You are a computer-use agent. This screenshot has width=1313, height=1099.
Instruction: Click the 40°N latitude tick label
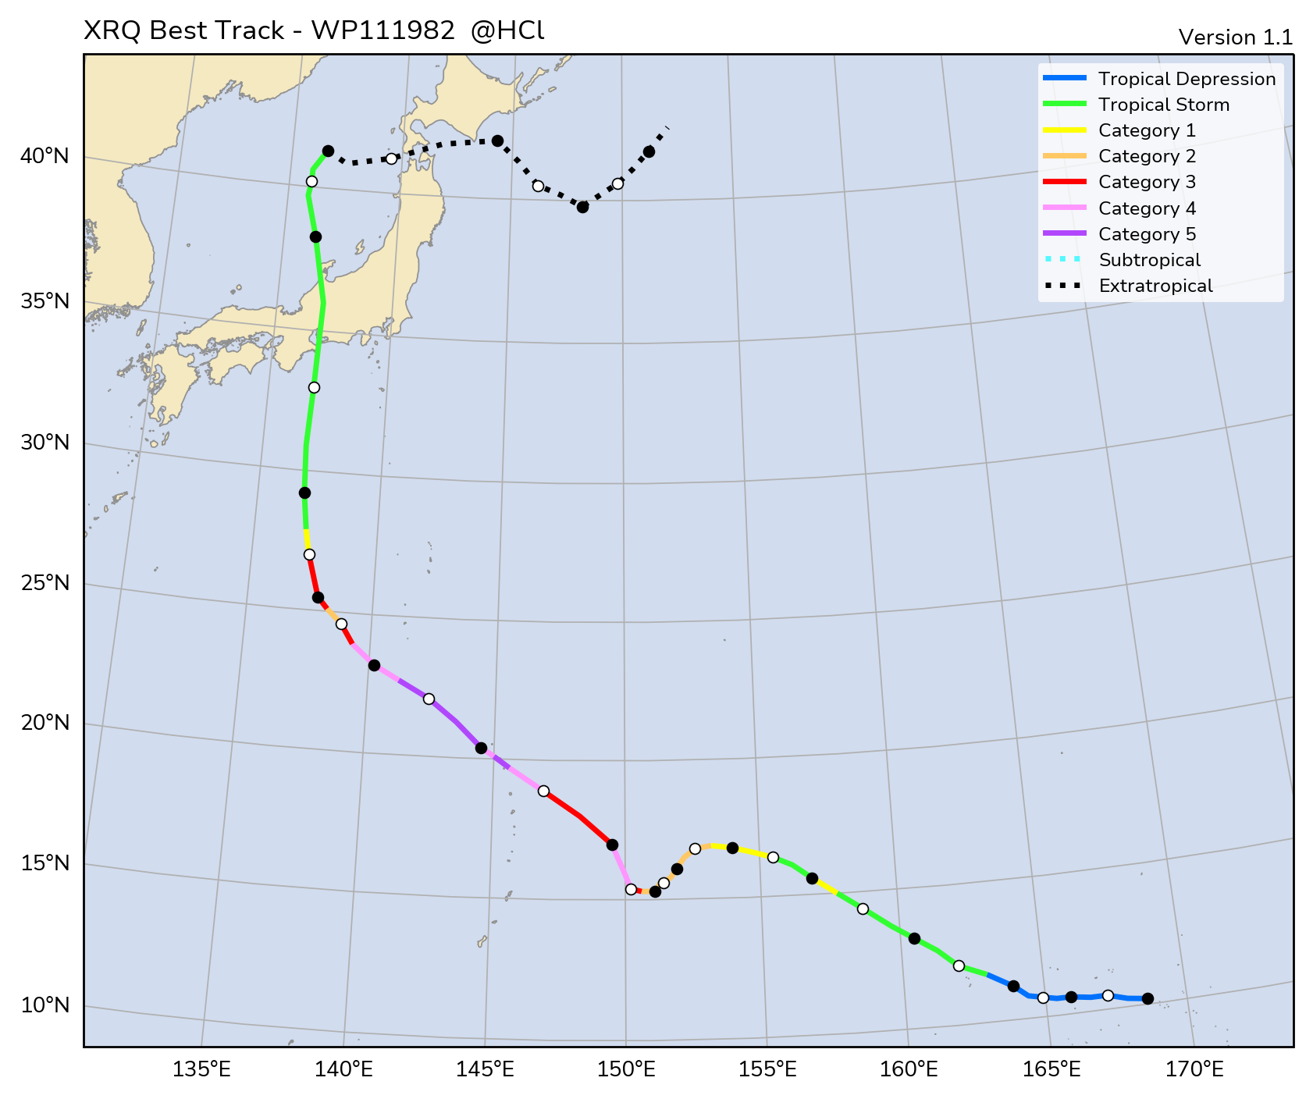pyautogui.click(x=45, y=156)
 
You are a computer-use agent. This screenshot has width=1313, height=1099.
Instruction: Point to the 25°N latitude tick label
pyautogui.click(x=45, y=583)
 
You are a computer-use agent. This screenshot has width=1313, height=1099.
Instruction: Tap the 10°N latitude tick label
pyautogui.click(x=45, y=1005)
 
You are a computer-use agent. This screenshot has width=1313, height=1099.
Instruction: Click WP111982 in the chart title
pyautogui.click(x=383, y=30)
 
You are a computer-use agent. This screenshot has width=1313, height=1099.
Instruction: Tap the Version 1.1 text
pyautogui.click(x=1235, y=37)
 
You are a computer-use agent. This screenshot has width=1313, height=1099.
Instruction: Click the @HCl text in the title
pyautogui.click(x=507, y=30)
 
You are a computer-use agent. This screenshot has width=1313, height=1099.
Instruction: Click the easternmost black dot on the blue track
pyautogui.click(x=1148, y=998)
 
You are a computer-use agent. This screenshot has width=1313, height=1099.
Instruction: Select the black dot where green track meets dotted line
pyautogui.click(x=328, y=151)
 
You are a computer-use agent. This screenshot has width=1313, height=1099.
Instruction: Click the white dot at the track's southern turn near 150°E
pyautogui.click(x=631, y=889)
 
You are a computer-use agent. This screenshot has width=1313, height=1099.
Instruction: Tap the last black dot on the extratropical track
pyautogui.click(x=649, y=151)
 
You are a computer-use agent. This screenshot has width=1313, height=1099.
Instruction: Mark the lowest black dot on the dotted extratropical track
pyautogui.click(x=582, y=207)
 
